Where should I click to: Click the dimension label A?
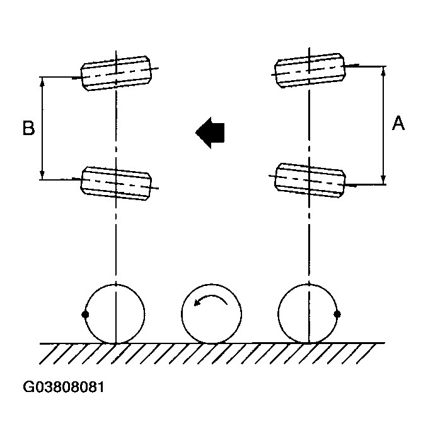pos(398,123)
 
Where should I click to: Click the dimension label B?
pos(28,128)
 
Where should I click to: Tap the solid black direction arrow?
pos(211,132)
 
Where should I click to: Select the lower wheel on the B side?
pos(117,184)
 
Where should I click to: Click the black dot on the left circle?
pos(86,314)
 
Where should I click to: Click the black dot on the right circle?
pos(337,314)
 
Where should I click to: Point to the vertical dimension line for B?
pos(43,128)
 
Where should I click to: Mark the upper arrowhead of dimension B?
pos(43,81)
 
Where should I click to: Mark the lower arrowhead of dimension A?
pos(383,179)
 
